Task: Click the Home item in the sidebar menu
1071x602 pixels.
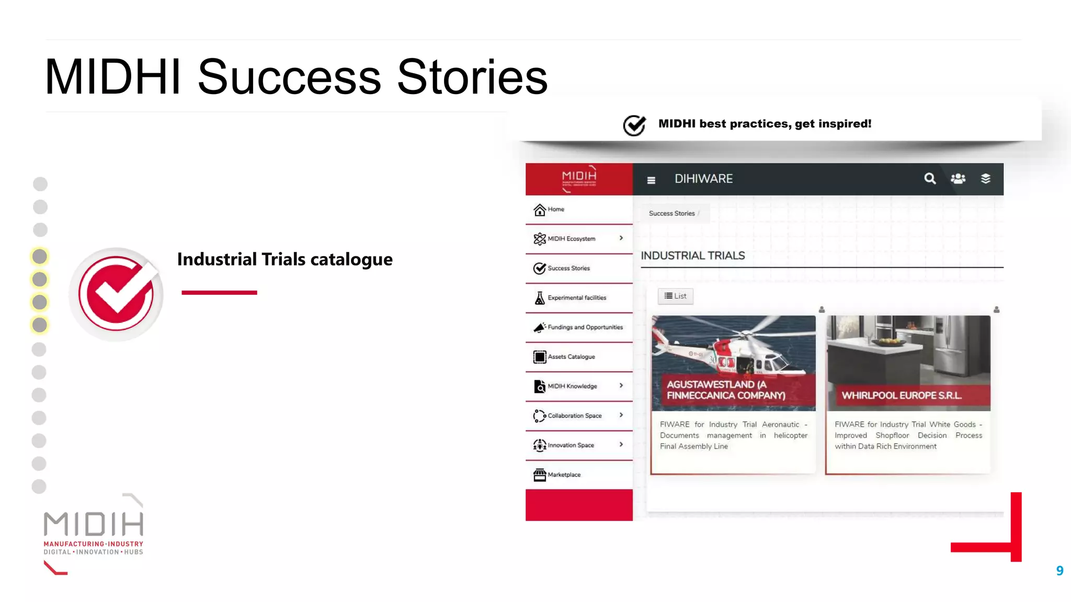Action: (555, 210)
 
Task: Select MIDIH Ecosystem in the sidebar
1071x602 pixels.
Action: (571, 239)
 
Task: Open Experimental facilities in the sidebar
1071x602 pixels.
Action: (576, 298)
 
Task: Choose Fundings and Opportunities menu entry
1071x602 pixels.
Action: (585, 327)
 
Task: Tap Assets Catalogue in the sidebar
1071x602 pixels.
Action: (571, 357)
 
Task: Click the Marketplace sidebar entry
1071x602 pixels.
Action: (564, 474)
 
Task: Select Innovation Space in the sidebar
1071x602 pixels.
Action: (571, 445)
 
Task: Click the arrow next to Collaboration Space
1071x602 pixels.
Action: (621, 415)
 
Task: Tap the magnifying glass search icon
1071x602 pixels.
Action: (929, 179)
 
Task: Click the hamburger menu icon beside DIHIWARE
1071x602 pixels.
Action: (651, 180)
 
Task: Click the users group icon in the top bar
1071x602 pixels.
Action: (958, 179)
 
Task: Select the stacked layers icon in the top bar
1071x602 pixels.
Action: (985, 179)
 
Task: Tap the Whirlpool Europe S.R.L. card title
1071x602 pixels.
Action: (901, 396)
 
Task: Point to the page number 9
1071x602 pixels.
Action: (1059, 571)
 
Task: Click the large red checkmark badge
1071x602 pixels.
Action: (117, 294)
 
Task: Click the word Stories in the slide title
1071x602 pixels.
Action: (472, 77)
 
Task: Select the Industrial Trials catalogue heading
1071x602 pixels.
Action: (284, 259)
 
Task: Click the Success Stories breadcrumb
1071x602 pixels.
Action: (671, 214)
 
